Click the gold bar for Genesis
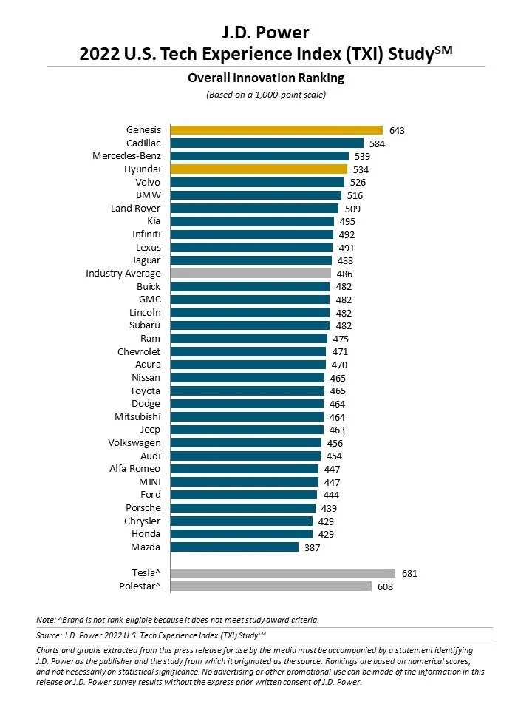(x=276, y=130)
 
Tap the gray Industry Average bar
(x=250, y=274)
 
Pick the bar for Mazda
(x=234, y=547)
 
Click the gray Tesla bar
(x=282, y=573)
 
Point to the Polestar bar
(x=270, y=586)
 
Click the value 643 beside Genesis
(x=397, y=130)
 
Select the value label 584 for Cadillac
(x=378, y=143)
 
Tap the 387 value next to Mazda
(x=313, y=547)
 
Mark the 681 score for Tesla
(x=409, y=573)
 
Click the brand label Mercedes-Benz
(x=126, y=156)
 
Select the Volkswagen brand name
(x=134, y=443)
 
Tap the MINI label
(x=149, y=482)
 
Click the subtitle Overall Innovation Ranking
(x=265, y=78)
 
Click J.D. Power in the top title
(x=265, y=32)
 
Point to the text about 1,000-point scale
(x=265, y=95)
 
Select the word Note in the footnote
(x=45, y=619)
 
